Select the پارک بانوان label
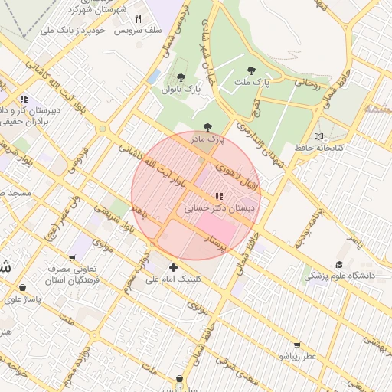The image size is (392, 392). click(x=181, y=90)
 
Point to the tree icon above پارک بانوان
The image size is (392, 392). click(x=181, y=77)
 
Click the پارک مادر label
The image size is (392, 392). click(x=207, y=139)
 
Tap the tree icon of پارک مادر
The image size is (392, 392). click(x=207, y=127)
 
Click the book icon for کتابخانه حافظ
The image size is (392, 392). click(x=319, y=136)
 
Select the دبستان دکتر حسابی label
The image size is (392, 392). click(x=220, y=207)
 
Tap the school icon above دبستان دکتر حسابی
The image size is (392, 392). click(x=220, y=196)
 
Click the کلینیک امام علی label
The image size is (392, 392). click(x=175, y=279)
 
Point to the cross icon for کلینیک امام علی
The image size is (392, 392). click(x=173, y=267)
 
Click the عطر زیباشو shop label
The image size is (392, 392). click(x=297, y=356)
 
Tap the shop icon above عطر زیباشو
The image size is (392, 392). click(x=297, y=345)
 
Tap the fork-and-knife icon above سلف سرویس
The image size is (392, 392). click(x=139, y=19)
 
